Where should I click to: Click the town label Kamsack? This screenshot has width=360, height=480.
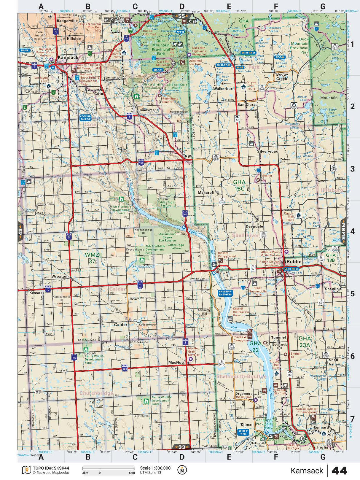(68, 57)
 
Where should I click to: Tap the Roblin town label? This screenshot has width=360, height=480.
(294, 262)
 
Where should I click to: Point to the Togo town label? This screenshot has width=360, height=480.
(187, 155)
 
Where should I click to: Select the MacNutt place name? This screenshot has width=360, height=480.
(176, 363)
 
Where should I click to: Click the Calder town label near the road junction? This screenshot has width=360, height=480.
(120, 325)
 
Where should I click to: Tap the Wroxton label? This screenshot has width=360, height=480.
(60, 276)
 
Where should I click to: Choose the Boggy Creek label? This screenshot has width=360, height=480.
(282, 77)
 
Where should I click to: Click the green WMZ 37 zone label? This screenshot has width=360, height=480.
(92, 258)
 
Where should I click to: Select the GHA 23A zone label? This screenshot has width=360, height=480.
(305, 341)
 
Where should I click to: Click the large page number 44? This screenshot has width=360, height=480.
(339, 471)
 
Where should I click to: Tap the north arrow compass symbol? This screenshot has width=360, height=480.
(182, 470)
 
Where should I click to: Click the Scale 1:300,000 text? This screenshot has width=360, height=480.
(155, 468)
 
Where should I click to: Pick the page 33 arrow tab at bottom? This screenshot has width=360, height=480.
(182, 447)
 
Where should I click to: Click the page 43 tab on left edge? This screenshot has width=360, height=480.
(20, 232)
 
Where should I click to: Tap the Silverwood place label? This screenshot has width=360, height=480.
(267, 151)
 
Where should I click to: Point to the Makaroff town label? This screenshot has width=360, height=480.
(206, 193)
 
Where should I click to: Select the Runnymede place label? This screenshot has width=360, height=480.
(148, 110)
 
